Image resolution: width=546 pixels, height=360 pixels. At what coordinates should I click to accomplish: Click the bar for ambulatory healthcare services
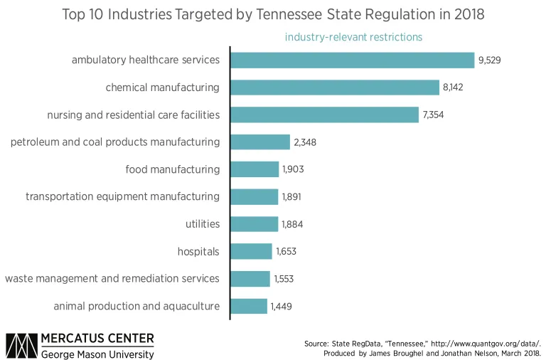pos(353,60)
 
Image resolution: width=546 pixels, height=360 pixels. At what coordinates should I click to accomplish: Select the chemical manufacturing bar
pos(335,88)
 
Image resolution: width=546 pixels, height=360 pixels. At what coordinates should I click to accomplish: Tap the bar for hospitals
pos(252,251)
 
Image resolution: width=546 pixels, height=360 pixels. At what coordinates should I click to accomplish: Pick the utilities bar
pos(255,224)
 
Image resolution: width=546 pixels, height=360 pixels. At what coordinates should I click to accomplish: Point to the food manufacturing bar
pos(255,169)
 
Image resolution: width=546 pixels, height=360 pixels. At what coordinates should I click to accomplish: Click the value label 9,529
pos(490,60)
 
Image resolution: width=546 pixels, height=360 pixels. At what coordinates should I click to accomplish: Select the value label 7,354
pos(434,115)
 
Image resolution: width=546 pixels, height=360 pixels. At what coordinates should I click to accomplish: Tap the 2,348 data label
pos(304,142)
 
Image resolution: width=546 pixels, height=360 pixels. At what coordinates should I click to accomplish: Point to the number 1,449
pos(281,307)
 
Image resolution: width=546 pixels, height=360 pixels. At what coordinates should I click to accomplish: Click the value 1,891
pos(291,197)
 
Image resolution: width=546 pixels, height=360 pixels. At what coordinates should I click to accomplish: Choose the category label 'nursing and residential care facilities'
pos(133,115)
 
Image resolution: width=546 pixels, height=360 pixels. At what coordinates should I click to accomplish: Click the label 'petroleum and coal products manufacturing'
pos(115,142)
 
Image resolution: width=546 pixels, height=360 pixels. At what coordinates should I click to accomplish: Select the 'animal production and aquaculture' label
pos(136,306)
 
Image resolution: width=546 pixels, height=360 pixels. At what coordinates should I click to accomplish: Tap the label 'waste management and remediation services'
pos(112,278)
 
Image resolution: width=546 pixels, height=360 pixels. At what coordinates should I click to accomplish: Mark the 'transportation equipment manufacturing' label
pos(122,196)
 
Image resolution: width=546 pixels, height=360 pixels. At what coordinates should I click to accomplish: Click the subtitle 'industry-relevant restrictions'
pos(353,37)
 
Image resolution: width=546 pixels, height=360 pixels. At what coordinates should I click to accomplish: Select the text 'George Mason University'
pos(97,354)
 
